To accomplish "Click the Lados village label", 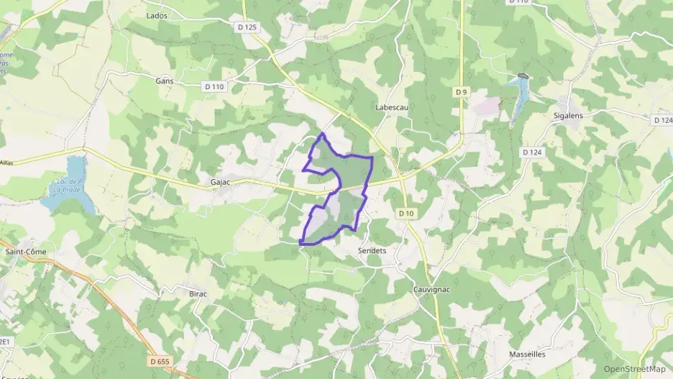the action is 157,15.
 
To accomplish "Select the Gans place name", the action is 165,81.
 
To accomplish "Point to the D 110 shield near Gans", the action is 214,87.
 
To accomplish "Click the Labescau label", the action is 392,107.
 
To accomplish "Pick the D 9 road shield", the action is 461,92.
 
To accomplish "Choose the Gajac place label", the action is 220,183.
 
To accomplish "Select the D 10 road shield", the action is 406,214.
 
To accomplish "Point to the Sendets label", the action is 372,251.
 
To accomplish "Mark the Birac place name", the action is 198,293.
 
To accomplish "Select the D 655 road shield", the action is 162,360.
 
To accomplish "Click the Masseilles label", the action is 527,354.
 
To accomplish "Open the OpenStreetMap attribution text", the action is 634,369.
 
